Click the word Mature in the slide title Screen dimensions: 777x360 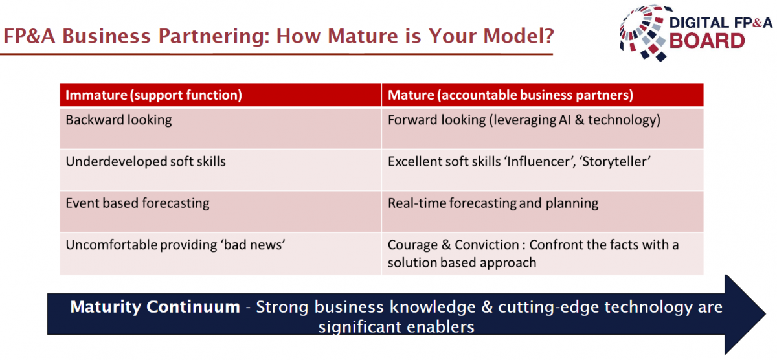363,36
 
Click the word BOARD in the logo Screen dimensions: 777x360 707,41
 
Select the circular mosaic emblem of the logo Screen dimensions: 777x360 644,33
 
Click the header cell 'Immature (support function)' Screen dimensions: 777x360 221,95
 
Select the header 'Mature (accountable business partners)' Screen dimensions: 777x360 543,95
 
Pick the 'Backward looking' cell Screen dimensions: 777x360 221,128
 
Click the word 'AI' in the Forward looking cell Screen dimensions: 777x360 565,120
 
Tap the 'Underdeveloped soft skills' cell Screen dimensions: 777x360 221,170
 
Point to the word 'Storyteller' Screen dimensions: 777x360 615,162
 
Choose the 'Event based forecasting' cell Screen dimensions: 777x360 221,212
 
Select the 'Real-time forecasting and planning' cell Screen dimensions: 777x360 543,212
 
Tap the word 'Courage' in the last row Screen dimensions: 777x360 413,245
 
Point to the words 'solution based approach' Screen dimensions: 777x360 462,263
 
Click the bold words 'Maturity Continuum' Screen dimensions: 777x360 155,307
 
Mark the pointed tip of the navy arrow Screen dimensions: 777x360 765,314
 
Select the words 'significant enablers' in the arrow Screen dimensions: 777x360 396,327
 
